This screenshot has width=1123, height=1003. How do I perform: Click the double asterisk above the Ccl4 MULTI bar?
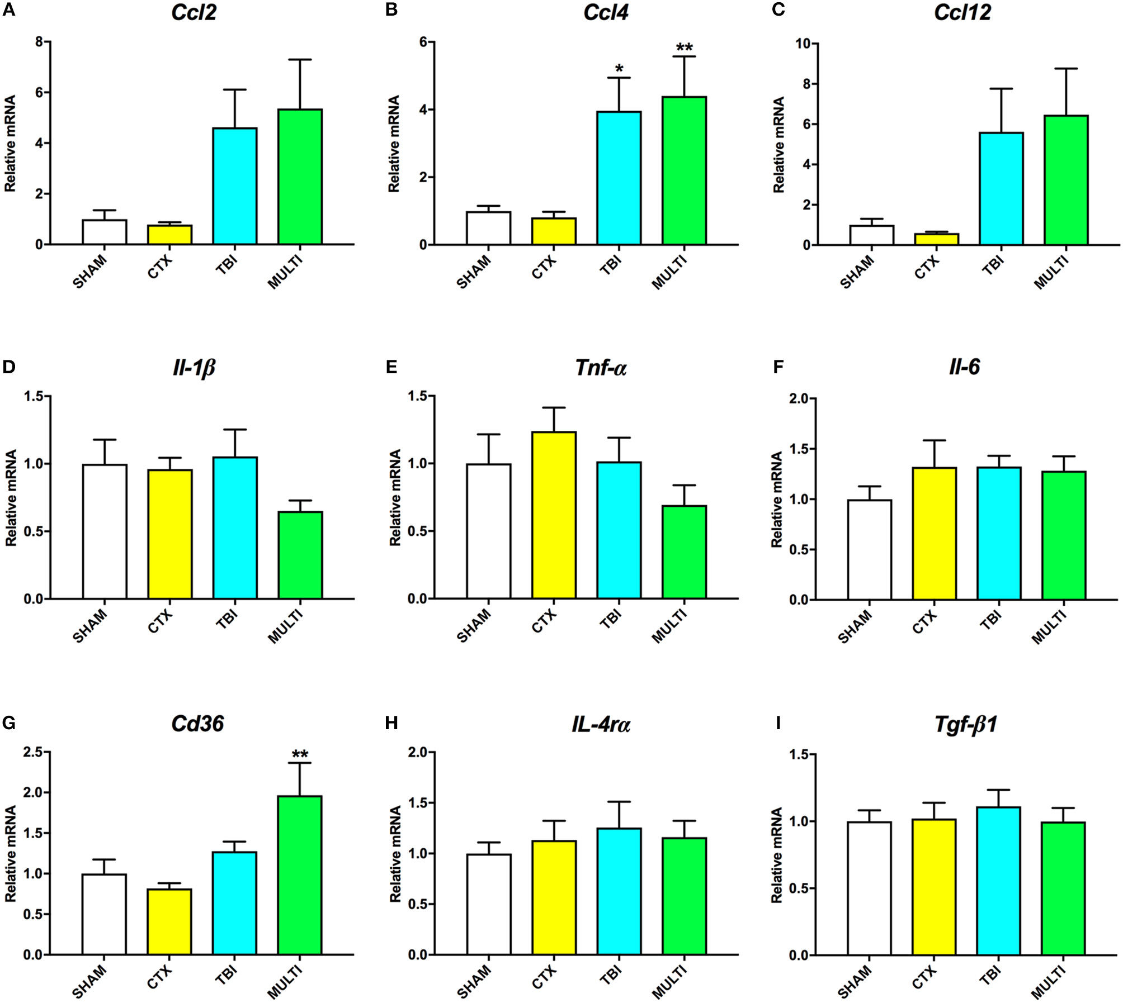[x=684, y=48]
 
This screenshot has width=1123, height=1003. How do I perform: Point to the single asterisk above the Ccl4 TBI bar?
[x=619, y=69]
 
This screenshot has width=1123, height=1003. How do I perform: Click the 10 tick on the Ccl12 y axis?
[x=803, y=44]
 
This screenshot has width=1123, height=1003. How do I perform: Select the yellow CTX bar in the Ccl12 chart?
[x=936, y=239]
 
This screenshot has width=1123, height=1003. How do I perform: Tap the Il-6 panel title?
[x=964, y=367]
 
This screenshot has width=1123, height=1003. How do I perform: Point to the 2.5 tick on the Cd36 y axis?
[x=32, y=752]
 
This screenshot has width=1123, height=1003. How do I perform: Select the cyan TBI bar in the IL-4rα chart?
[x=619, y=891]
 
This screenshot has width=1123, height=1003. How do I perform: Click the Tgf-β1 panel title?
[x=965, y=724]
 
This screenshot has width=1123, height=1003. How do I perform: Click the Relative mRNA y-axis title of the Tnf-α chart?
[x=395, y=497]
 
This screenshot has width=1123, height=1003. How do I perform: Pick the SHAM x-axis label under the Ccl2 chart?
[x=89, y=272]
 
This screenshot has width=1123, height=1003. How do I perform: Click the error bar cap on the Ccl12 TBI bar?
[x=1001, y=88]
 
